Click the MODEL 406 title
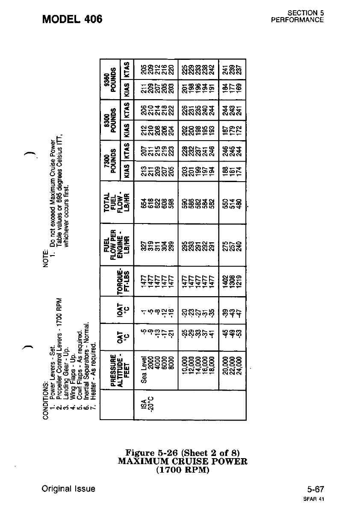pyautogui.click(x=72, y=19)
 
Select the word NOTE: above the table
pyautogui.click(x=46, y=258)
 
